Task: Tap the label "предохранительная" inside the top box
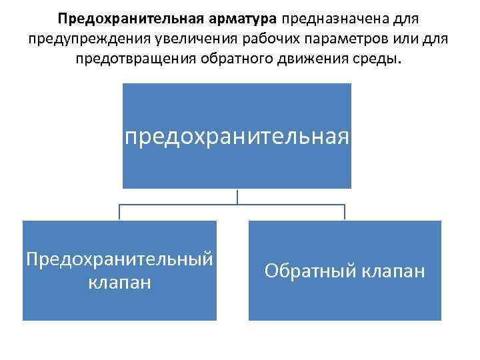237,137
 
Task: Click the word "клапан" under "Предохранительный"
119,282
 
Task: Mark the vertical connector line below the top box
237,196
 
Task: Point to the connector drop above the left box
120,213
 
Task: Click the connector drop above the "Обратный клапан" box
345,213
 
